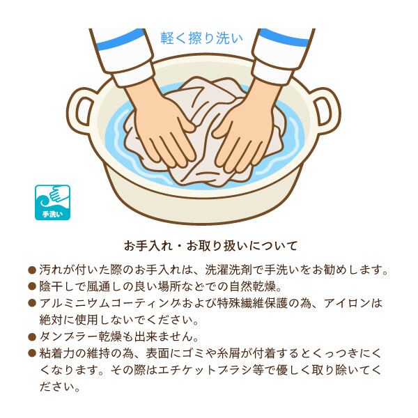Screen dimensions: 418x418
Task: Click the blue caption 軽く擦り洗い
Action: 202,38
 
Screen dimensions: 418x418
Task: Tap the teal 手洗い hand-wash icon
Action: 52,203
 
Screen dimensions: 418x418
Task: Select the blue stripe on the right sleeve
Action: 284,38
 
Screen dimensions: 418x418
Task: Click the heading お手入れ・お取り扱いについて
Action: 210,246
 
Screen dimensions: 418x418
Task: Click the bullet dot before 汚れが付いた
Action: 32,270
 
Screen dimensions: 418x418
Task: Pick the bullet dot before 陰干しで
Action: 32,286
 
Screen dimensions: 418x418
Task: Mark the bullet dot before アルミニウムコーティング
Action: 32,303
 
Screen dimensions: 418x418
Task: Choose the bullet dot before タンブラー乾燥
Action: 32,336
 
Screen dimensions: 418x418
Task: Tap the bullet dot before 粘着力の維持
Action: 32,353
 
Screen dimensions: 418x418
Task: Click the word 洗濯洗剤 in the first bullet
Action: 229,270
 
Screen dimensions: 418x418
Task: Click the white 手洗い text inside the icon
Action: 52,214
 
